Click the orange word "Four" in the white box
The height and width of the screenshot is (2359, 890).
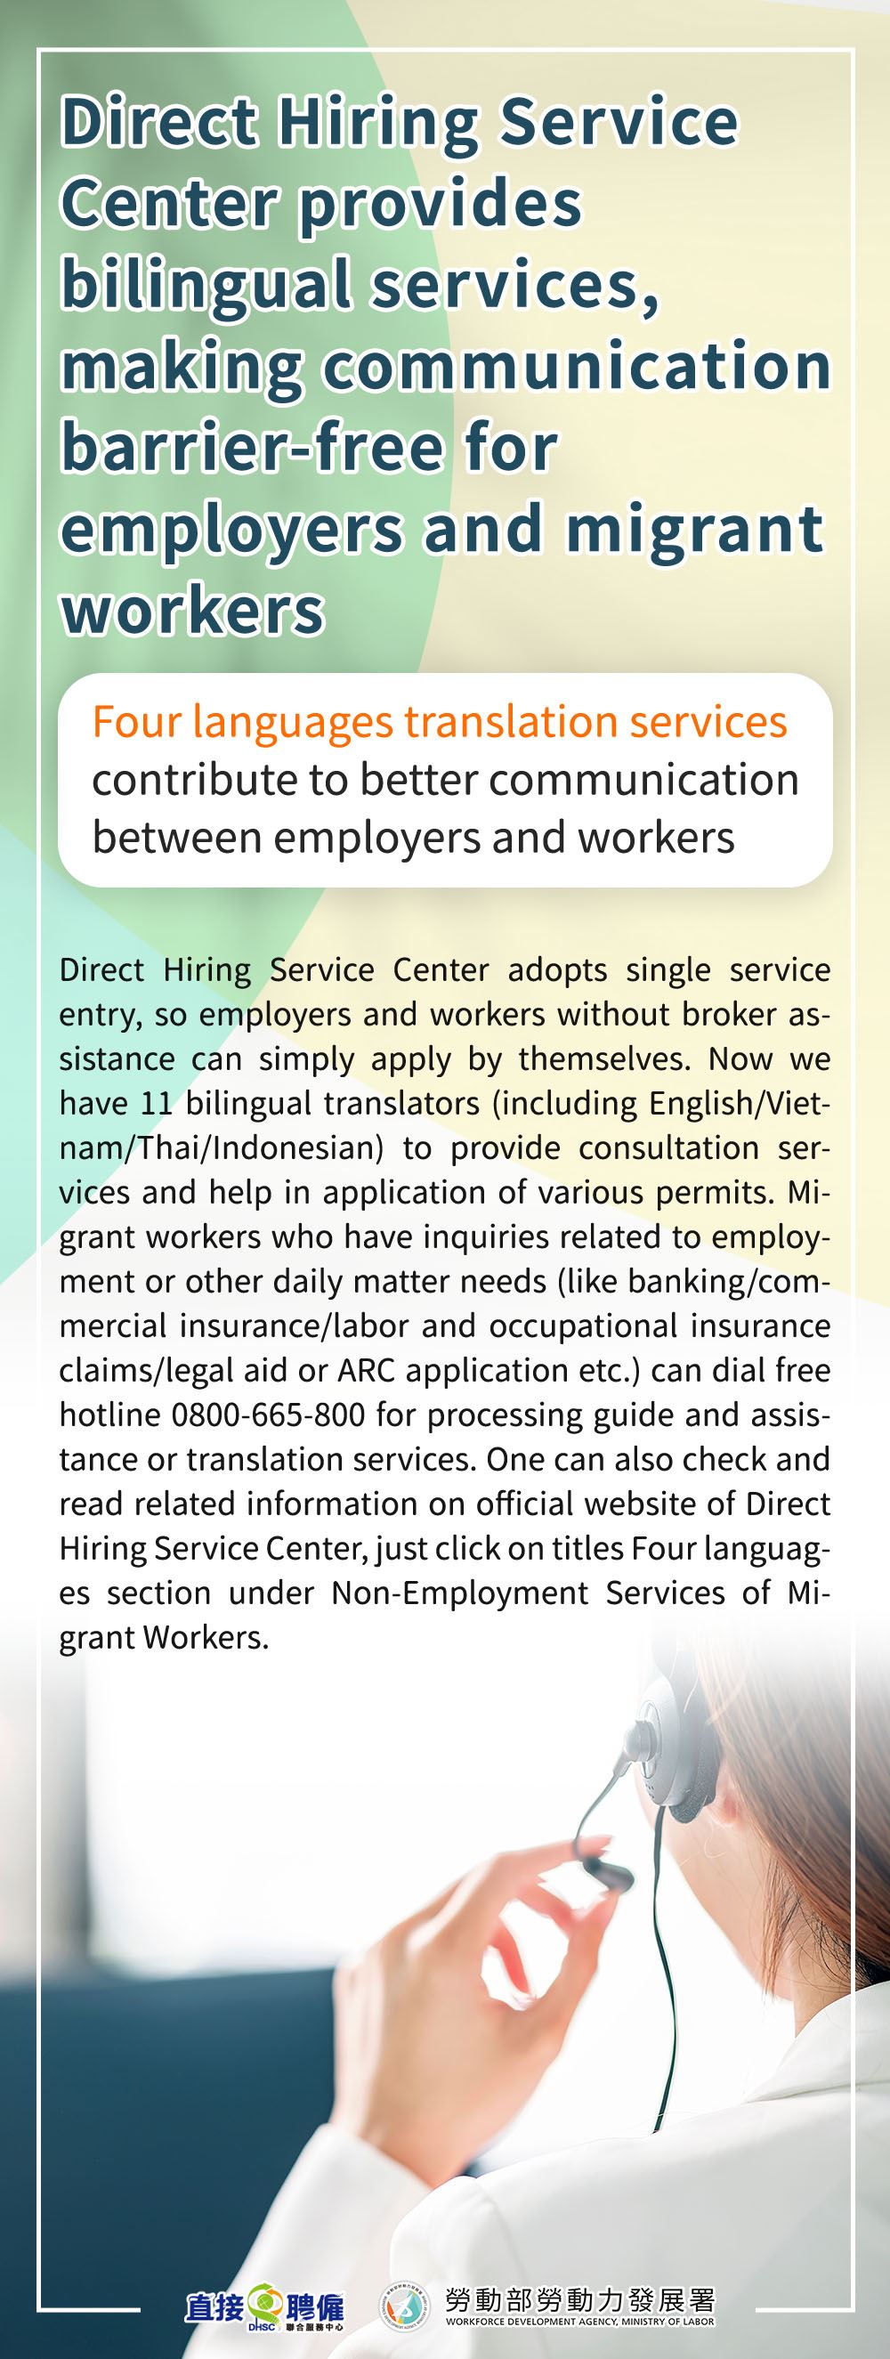click(136, 723)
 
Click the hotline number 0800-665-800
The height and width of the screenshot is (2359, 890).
click(268, 1415)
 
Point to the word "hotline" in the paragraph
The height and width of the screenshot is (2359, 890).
click(109, 1415)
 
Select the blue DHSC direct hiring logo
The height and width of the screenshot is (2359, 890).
click(264, 2308)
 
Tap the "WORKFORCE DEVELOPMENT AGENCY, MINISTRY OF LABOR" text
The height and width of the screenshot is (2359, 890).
click(579, 2322)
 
